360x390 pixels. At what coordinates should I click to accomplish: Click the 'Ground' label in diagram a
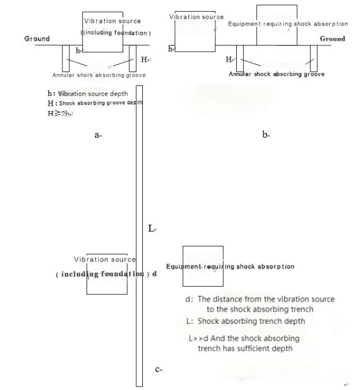tap(37, 39)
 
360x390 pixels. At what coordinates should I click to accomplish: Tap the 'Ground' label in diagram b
tap(332, 39)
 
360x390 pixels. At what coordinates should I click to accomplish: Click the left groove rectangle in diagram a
tap(66, 55)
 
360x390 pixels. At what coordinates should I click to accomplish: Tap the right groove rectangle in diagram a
tap(133, 55)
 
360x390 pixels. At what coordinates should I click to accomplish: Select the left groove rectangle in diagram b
tap(240, 56)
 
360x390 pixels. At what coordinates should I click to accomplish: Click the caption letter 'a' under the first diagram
tap(97, 135)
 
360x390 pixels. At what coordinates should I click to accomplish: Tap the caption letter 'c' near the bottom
tap(158, 369)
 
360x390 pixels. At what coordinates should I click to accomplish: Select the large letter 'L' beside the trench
tap(151, 228)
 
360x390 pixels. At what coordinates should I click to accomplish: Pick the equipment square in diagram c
tap(203, 266)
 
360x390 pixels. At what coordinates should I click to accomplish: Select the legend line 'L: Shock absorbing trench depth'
tap(245, 321)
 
